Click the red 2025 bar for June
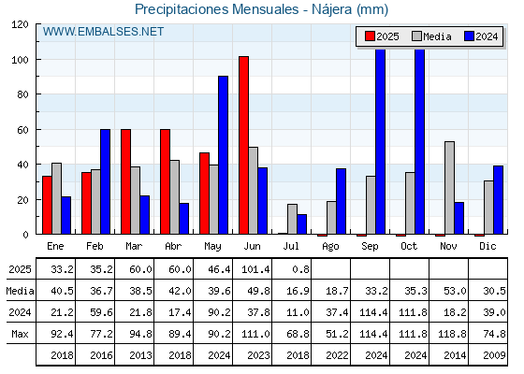point(243,145)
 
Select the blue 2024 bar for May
point(224,155)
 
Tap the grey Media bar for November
point(449,188)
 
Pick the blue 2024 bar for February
point(105,181)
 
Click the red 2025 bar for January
point(47,205)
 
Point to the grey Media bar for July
point(292,219)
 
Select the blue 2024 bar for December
point(498,200)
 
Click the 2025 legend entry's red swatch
point(370,36)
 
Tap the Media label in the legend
point(437,36)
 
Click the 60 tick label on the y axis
point(22,130)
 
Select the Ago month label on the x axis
point(330,247)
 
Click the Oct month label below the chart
point(409,246)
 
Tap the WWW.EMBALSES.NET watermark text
point(103,32)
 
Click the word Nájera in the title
point(331,9)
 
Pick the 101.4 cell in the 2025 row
point(255,269)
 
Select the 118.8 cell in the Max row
point(453,334)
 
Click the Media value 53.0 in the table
point(455,291)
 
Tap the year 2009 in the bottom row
point(494,355)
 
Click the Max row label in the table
point(20,334)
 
